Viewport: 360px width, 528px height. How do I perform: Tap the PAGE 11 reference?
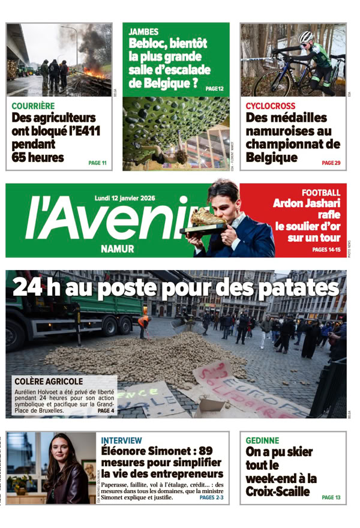pos(97,163)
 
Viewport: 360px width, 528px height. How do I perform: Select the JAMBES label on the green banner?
pos(143,32)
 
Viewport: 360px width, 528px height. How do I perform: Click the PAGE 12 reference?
pos(214,89)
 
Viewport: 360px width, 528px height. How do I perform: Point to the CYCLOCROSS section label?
pos(269,106)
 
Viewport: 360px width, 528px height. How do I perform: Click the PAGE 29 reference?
pos(331,163)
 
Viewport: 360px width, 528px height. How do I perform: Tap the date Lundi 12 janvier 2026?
pos(125,198)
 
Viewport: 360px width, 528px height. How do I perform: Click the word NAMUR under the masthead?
pos(118,248)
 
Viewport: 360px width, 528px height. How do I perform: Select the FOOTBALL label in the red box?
pos(320,193)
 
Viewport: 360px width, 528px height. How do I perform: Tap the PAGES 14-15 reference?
pos(326,249)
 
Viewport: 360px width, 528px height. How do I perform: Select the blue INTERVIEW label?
pos(122,440)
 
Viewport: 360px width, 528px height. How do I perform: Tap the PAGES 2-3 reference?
pos(211,497)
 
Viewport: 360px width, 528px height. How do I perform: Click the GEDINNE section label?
pos(262,440)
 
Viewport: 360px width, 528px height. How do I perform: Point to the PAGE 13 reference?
pos(331,497)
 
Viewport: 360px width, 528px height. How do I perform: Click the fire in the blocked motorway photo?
pos(94,73)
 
